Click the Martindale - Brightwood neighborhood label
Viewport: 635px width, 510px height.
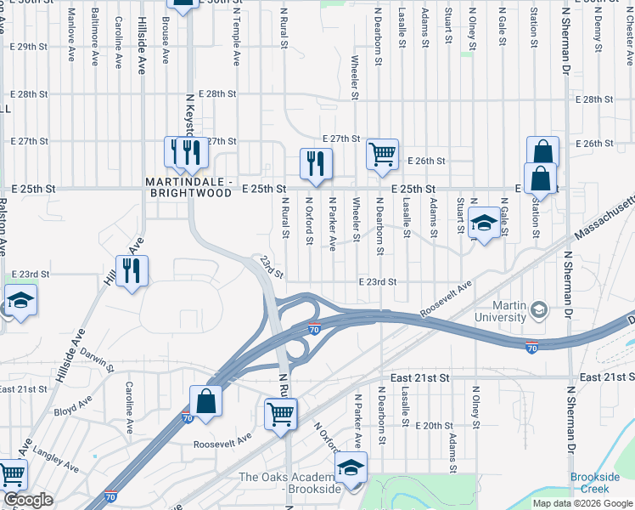click(188, 187)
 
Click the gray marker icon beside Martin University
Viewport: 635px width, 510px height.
click(537, 311)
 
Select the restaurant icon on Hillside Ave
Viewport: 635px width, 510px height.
click(132, 271)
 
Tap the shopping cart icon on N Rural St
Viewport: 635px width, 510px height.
click(280, 415)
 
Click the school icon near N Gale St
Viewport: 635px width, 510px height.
click(484, 223)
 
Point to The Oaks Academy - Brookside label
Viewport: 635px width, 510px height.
click(289, 482)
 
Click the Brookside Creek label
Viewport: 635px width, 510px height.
click(595, 483)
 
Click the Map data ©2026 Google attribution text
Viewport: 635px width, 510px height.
click(582, 503)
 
